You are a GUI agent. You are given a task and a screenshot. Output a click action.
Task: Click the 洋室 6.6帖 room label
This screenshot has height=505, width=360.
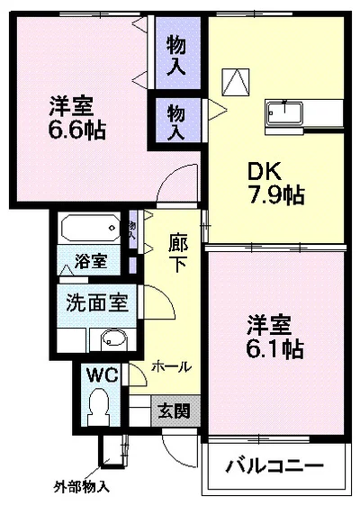click(76, 117)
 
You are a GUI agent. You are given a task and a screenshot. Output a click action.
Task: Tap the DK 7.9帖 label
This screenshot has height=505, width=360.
click(274, 180)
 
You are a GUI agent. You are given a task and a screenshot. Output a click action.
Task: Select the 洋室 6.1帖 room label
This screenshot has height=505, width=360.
click(274, 334)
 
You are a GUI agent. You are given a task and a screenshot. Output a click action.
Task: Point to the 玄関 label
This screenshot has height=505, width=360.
click(174, 411)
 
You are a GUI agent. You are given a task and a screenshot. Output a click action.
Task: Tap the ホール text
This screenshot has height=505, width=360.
click(170, 366)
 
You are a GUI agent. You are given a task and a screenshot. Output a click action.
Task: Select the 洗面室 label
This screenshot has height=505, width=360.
click(97, 302)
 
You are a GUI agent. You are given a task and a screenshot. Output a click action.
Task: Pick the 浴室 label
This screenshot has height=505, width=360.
click(92, 262)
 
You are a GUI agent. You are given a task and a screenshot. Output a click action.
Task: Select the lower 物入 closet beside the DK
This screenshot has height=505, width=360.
click(176, 120)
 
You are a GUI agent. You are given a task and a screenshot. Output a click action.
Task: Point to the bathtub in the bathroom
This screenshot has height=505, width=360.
click(88, 228)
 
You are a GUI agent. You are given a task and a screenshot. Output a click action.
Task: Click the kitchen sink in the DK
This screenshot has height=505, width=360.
click(285, 114)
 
